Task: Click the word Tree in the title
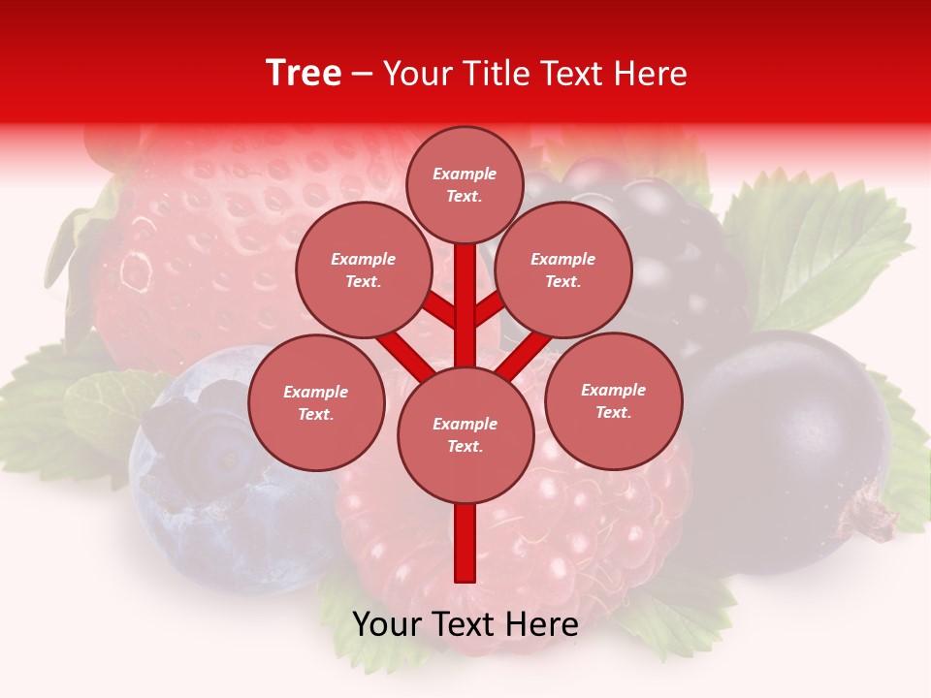tap(304, 74)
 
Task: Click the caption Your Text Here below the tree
tap(465, 624)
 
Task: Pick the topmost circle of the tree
tap(465, 184)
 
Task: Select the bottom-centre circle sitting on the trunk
tap(465, 434)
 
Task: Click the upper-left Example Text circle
tap(363, 270)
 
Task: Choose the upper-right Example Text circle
tap(562, 270)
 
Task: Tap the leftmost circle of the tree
tap(316, 402)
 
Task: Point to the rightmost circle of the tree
tap(613, 400)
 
